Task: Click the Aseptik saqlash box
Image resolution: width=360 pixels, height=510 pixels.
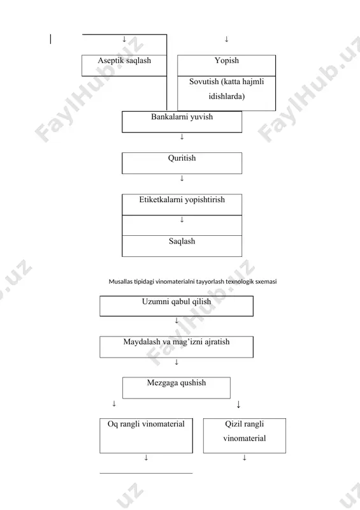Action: coord(124,66)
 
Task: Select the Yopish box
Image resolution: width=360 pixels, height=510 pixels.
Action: coord(226,66)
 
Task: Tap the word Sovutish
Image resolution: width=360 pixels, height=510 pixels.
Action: coord(204,82)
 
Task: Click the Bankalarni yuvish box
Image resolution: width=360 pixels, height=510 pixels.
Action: coord(182,122)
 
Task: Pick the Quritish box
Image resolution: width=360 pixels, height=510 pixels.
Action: coord(182,163)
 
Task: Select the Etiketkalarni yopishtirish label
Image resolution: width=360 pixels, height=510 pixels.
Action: coord(182,200)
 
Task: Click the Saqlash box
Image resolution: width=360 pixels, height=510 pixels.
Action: coord(182,246)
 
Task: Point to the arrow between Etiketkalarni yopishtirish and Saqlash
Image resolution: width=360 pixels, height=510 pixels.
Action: coord(182,219)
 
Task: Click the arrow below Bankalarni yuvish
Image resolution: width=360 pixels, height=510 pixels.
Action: coord(182,137)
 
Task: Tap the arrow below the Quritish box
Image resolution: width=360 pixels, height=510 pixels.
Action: coord(182,178)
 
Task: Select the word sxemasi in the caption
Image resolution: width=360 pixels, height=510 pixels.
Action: coord(266,281)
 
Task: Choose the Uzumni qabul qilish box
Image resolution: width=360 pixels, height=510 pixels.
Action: coord(176,306)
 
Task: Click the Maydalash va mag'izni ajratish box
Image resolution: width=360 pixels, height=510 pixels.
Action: coord(176,347)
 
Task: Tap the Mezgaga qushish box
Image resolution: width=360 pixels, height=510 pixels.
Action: coord(176,388)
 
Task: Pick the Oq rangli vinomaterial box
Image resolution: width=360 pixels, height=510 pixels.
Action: coord(146,435)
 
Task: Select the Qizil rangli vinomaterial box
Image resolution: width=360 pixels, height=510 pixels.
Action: coord(245,435)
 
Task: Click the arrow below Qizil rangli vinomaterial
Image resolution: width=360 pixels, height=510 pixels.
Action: coord(245,458)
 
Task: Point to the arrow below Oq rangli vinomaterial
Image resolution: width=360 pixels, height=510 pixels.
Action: coord(146,458)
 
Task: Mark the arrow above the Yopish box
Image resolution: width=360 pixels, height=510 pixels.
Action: coord(226,40)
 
